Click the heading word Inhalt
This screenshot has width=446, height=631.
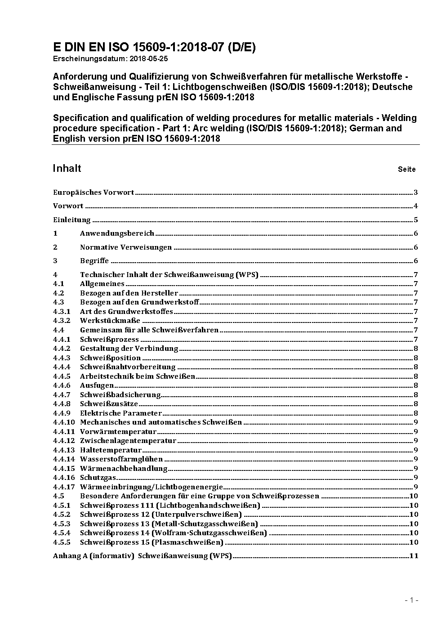coord(67,168)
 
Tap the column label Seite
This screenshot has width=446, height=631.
coord(406,170)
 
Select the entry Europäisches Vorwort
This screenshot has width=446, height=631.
coord(94,192)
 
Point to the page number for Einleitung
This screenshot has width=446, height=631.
coord(416,220)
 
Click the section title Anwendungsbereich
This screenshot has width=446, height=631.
coord(117,233)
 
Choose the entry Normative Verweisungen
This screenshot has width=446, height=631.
coord(126,247)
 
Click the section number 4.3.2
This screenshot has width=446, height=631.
coord(62,321)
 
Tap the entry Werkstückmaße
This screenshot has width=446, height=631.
coord(110,321)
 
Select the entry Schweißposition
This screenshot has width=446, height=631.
coord(111,358)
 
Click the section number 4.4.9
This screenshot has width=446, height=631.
coord(62,413)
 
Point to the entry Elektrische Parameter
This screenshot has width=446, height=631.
coord(120,413)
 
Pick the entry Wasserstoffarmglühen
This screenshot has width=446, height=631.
coord(121,459)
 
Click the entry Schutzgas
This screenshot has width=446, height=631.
coord(98,478)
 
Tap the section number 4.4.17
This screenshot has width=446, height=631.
coord(64,487)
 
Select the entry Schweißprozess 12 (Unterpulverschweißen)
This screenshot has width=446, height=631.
coord(161,515)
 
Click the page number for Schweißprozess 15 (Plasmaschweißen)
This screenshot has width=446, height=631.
coord(414,542)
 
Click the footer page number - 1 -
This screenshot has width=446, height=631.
coord(411,600)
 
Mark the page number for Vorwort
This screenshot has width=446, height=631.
coord(416,206)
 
